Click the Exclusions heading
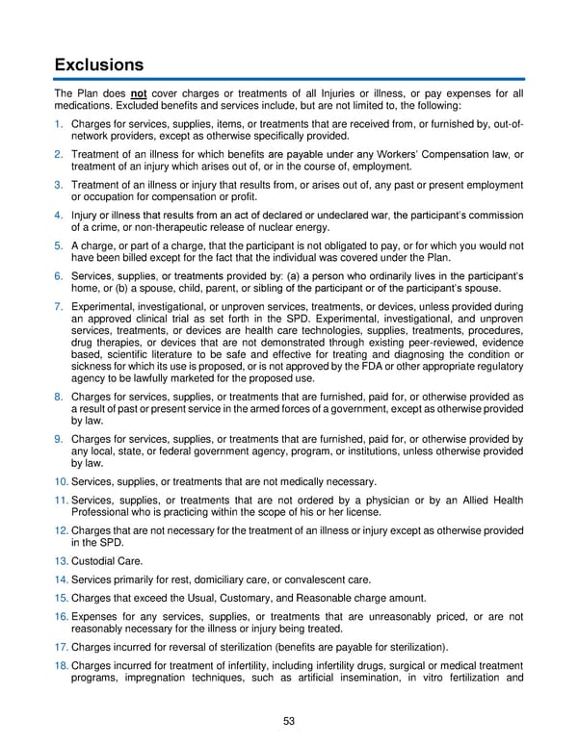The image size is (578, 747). tap(99, 65)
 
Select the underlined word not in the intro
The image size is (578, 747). tap(139, 93)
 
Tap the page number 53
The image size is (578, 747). tap(289, 722)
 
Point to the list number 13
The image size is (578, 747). tap(62, 560)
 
